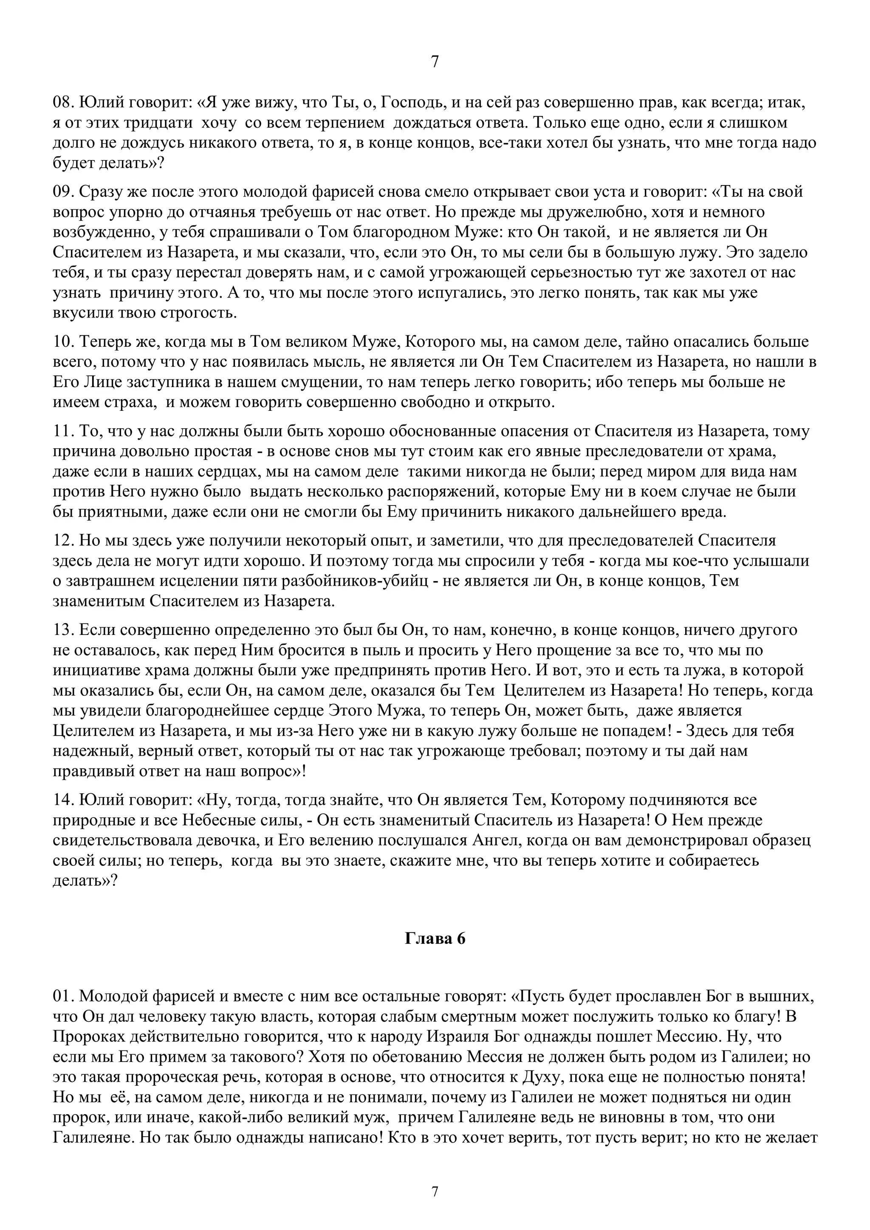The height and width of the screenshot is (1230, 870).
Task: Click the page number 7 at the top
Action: point(435,62)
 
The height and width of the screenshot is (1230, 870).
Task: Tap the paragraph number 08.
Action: point(63,103)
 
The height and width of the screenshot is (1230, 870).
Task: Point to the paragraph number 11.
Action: point(63,431)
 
